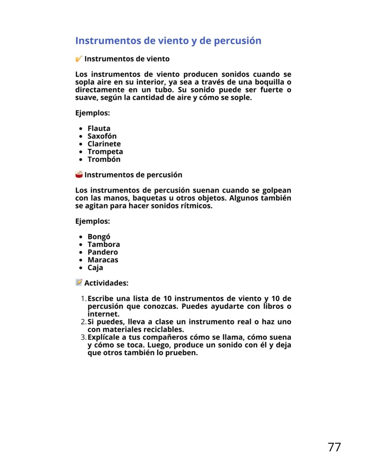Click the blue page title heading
pyautogui.click(x=168, y=40)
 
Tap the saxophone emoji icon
pyautogui.click(x=79, y=59)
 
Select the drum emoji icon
pyautogui.click(x=79, y=174)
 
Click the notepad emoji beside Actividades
pyautogui.click(x=79, y=282)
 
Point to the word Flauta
pyautogui.click(x=99, y=128)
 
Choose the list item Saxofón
pyautogui.click(x=102, y=136)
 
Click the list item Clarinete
pyautogui.click(x=104, y=144)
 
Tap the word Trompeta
pyautogui.click(x=105, y=152)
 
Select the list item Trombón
pyautogui.click(x=104, y=159)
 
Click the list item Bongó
pyautogui.click(x=99, y=237)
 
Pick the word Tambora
pyautogui.click(x=104, y=244)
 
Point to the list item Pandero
pyautogui.click(x=103, y=252)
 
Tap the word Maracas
pyautogui.click(x=103, y=260)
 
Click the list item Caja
pyautogui.click(x=95, y=268)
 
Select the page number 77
pyautogui.click(x=334, y=447)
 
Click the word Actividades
pyautogui.click(x=106, y=283)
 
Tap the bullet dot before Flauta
pyautogui.click(x=81, y=129)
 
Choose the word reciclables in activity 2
pyautogui.click(x=163, y=329)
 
